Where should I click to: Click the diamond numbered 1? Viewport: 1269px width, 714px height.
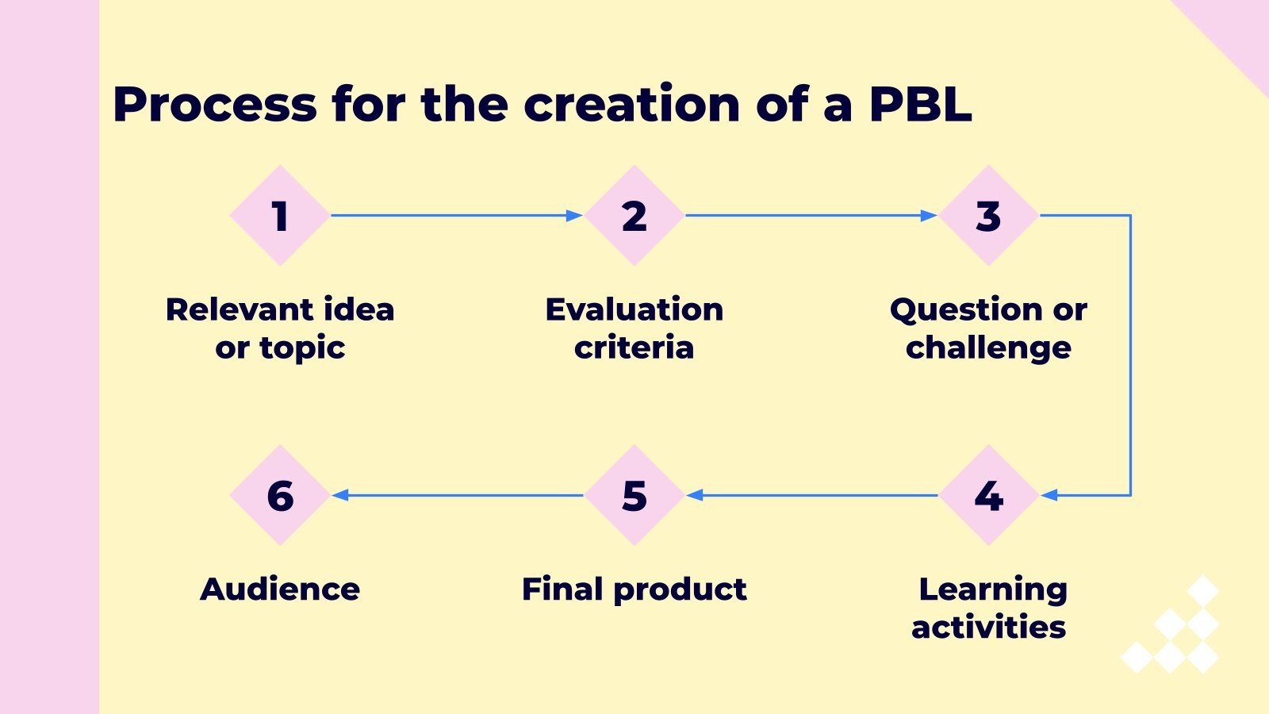279,216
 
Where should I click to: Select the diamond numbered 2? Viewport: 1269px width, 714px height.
634,216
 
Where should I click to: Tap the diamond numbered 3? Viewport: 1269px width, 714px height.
988,216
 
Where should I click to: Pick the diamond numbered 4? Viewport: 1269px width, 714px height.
988,495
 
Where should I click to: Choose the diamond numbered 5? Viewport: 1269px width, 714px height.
634,495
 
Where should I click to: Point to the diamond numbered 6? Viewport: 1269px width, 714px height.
279,495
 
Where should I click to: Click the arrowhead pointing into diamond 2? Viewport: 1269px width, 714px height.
574,216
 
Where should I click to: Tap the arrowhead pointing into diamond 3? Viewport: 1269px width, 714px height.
929,216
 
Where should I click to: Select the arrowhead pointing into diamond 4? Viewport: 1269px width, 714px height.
1049,495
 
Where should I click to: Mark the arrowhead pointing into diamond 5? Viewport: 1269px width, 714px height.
696,495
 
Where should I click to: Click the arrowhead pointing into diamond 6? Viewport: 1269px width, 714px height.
341,495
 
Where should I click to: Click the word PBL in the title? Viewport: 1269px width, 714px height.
920,104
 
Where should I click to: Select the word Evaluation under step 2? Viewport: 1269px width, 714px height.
634,309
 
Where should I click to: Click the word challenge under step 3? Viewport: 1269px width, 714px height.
988,348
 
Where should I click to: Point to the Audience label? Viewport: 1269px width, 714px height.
280,589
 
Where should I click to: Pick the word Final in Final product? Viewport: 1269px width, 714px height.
562,589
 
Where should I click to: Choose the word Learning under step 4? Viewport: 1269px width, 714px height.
993,590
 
